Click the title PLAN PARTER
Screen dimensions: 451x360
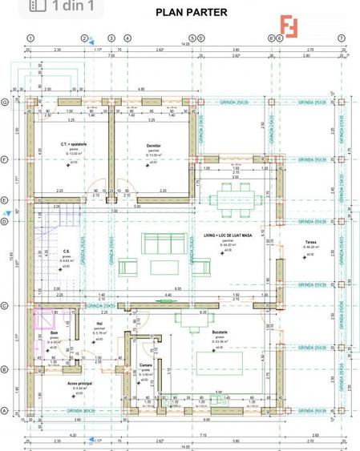[191, 12]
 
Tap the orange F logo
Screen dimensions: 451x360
[290, 27]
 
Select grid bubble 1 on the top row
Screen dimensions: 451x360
[30, 38]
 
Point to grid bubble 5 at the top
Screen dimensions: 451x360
[192, 38]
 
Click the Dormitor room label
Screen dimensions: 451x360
[154, 145]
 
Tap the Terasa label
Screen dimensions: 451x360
[310, 242]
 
